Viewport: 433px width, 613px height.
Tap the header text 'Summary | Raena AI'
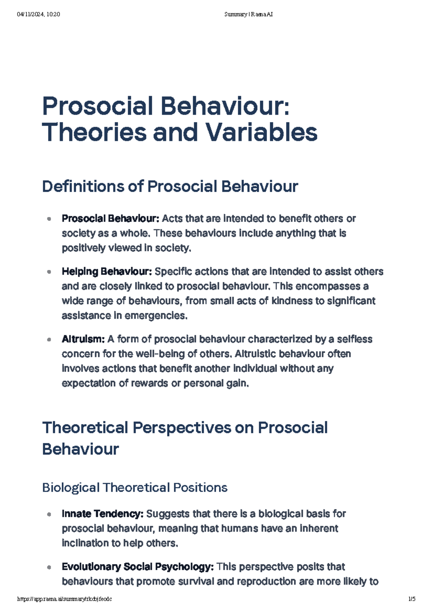click(x=248, y=14)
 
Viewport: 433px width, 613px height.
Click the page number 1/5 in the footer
click(x=412, y=599)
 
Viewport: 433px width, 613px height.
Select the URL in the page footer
click(x=65, y=599)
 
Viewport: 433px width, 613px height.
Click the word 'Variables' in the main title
click(x=262, y=132)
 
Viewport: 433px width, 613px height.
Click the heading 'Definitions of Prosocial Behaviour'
click(x=170, y=187)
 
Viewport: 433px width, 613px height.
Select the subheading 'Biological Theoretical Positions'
click(x=135, y=488)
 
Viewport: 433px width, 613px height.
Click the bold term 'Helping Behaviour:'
click(x=107, y=271)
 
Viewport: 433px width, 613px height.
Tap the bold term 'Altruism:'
click(x=83, y=339)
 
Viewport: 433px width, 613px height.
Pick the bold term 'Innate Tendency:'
click(x=102, y=514)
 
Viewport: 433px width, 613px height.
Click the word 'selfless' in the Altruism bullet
click(x=354, y=339)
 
